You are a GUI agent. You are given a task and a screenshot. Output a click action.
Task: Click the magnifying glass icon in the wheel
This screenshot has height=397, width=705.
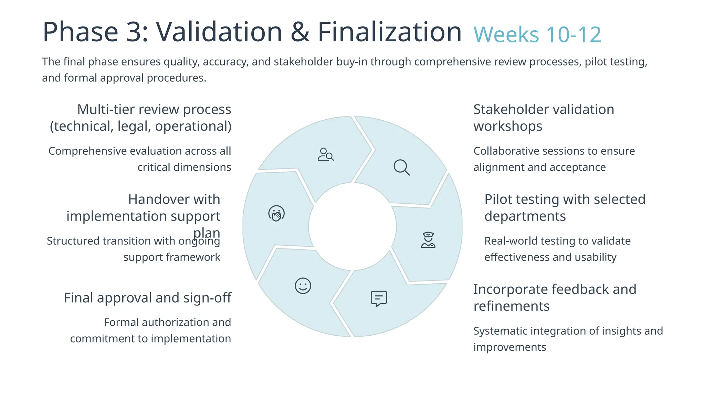tap(401, 167)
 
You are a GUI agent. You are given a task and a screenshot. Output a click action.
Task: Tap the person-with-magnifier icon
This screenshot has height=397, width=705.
tap(325, 154)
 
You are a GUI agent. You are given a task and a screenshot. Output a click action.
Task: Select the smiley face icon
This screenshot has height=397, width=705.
tap(303, 286)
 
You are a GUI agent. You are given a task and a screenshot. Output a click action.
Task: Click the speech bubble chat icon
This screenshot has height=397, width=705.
tap(379, 298)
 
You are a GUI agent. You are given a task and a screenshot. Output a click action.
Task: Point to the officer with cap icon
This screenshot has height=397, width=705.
tap(428, 240)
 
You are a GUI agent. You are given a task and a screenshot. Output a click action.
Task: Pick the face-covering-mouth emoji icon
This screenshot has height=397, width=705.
tap(276, 213)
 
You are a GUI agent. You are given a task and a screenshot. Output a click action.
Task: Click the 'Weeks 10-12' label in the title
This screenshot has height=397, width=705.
tap(537, 34)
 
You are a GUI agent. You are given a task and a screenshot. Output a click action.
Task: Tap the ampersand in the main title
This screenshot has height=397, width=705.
tap(300, 32)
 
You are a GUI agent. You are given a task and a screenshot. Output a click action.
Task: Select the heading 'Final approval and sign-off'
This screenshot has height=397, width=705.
tap(147, 298)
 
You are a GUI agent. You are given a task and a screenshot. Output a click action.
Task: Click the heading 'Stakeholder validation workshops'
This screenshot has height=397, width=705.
tap(544, 118)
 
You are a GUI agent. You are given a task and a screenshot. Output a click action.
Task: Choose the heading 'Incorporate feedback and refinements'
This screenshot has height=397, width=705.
tap(555, 297)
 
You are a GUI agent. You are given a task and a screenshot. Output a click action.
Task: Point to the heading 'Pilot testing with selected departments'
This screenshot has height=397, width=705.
tap(565, 207)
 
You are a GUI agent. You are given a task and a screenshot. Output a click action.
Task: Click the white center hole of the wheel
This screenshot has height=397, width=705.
tap(352, 226)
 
